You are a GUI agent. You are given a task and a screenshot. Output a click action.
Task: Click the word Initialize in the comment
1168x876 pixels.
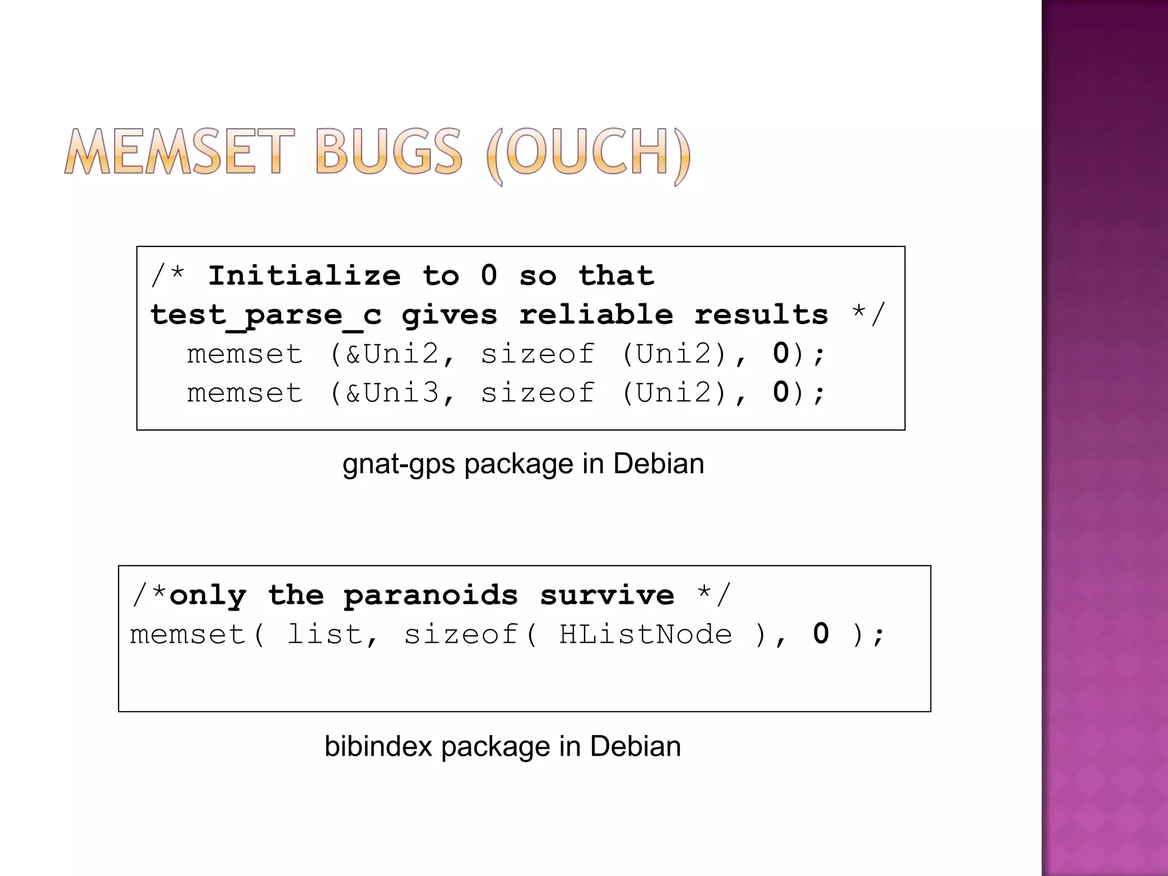point(304,276)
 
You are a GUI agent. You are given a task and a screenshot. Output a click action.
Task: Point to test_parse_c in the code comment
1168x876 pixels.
point(266,315)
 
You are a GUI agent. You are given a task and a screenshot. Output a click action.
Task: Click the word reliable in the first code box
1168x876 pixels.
point(596,315)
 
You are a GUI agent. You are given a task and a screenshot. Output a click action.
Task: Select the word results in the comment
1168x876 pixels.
point(761,315)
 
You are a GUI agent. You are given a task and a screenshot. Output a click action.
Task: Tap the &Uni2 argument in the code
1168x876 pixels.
point(392,354)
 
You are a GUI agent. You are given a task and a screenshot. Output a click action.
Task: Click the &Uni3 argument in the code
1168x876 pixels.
point(392,393)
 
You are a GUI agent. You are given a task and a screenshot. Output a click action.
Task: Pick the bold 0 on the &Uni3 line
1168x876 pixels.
point(781,392)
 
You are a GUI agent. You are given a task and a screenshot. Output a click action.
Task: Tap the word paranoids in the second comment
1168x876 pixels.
point(431,595)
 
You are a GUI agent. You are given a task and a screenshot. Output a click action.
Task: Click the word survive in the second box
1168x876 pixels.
point(607,595)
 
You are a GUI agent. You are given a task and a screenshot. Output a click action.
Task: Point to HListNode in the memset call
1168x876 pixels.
point(645,634)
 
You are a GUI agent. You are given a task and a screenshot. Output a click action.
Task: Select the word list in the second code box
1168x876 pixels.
point(325,634)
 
